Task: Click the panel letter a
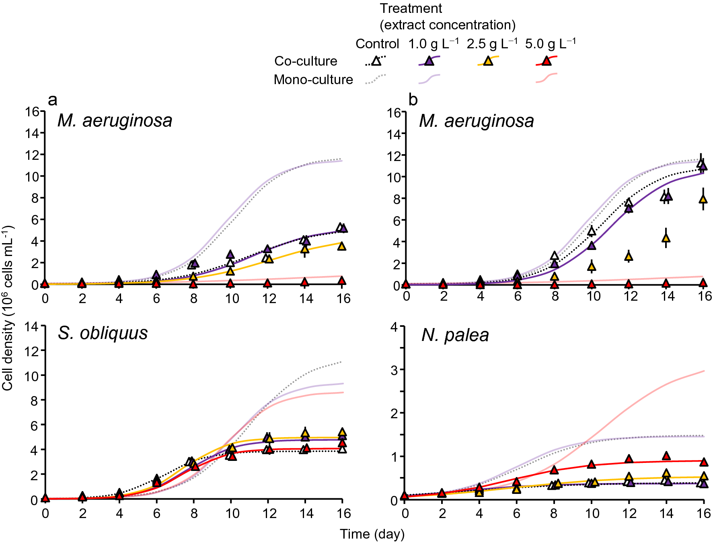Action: (x=52, y=100)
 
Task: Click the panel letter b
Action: (x=413, y=100)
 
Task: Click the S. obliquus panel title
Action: (x=103, y=333)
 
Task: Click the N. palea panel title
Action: (x=455, y=335)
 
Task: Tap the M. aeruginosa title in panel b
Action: (x=477, y=121)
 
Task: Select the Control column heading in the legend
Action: (x=377, y=43)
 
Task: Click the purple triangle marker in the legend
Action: (x=429, y=61)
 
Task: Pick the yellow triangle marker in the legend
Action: (x=488, y=61)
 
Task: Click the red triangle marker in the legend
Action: (x=546, y=61)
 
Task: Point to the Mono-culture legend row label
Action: (x=313, y=80)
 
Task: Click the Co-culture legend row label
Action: (x=306, y=61)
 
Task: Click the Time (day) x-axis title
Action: (x=372, y=534)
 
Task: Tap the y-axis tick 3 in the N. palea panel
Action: (x=394, y=370)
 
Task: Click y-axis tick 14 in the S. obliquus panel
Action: (x=31, y=326)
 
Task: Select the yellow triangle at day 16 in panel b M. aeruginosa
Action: (x=703, y=199)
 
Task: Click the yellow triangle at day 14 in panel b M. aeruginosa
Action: (x=666, y=238)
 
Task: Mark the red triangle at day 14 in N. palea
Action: (x=666, y=456)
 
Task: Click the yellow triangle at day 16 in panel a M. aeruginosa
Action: (x=341, y=246)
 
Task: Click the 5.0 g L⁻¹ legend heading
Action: (x=550, y=43)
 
